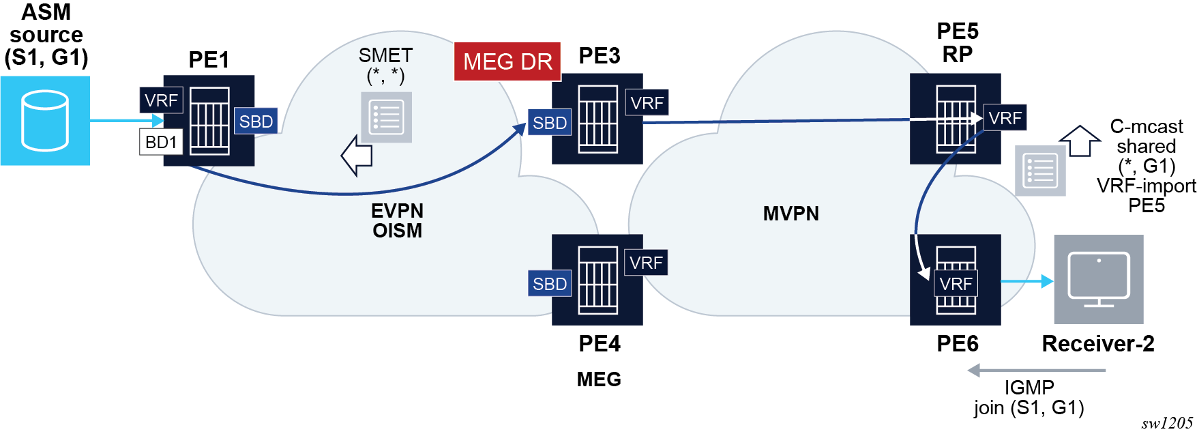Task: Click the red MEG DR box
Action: (x=507, y=62)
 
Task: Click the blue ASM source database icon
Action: (x=45, y=121)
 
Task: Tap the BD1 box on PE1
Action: (x=161, y=142)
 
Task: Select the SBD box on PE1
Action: (x=256, y=121)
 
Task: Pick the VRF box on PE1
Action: (x=161, y=100)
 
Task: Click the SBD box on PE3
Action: (x=550, y=123)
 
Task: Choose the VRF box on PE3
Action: (x=647, y=103)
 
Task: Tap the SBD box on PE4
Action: (x=550, y=284)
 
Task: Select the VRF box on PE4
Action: (x=646, y=263)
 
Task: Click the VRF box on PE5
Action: (x=1005, y=118)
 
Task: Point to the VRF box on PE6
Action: (x=956, y=284)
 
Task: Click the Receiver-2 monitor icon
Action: (x=1098, y=279)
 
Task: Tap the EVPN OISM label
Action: (x=397, y=220)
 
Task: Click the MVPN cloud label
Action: (x=790, y=214)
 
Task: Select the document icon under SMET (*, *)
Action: (x=386, y=117)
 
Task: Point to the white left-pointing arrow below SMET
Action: (x=357, y=156)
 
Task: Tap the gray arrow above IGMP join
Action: (x=1036, y=371)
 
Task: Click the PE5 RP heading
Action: (x=957, y=42)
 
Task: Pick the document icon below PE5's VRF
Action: (x=1040, y=171)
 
